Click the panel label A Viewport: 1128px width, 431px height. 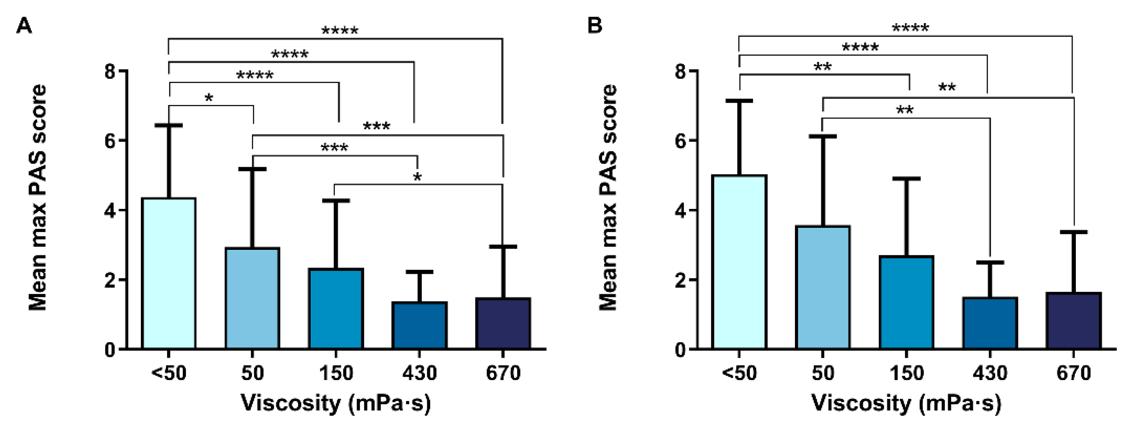[24, 26]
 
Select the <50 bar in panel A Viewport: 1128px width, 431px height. [169, 273]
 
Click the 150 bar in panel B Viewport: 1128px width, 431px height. [906, 302]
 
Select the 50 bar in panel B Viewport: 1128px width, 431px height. [823, 287]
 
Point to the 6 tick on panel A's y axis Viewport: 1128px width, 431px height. [110, 141]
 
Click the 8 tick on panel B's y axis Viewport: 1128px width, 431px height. [681, 71]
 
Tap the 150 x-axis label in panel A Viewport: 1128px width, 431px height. [336, 373]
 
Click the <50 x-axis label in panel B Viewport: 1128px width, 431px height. [739, 373]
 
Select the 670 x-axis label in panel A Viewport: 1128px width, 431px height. [503, 373]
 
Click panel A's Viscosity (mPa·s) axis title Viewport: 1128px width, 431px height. [336, 403]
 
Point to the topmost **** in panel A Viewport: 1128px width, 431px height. [340, 31]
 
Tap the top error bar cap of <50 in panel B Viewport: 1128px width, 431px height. [739, 101]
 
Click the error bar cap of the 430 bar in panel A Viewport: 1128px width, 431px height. [419, 272]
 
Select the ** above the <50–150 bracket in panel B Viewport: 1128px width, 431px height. [822, 67]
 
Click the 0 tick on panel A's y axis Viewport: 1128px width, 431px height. [110, 350]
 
